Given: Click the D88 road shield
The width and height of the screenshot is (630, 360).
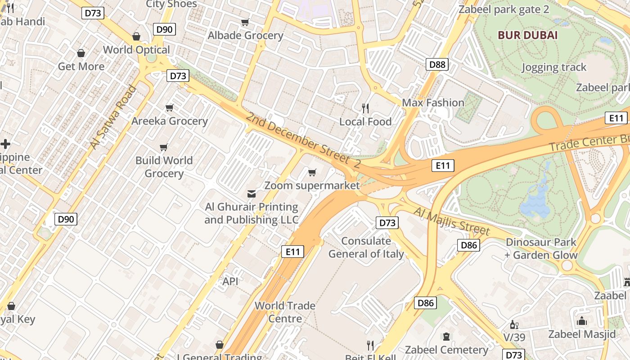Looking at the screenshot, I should click(437, 64).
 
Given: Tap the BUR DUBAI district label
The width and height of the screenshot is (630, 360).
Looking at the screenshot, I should click(527, 35).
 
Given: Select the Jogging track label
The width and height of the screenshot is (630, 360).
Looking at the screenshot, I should click(554, 67).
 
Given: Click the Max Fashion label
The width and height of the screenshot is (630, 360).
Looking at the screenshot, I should click(433, 103).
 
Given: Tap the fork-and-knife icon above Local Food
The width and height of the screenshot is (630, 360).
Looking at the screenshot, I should click(365, 108).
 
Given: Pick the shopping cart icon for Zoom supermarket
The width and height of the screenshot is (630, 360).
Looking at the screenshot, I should click(312, 172).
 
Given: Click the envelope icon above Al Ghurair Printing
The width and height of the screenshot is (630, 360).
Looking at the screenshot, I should click(251, 194).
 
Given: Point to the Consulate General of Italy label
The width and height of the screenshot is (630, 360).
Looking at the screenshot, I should click(366, 247).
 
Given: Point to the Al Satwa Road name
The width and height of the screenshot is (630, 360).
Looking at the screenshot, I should click(113, 117).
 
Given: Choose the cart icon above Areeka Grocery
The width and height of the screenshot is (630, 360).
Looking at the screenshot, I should click(170, 108).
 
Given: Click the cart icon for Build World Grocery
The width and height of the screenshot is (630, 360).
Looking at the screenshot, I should click(164, 147).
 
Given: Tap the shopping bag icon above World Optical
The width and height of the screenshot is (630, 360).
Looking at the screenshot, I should click(136, 36).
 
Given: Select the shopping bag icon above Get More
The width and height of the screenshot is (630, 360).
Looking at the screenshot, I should click(81, 54).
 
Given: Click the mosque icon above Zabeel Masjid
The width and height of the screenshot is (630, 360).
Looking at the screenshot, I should click(581, 321).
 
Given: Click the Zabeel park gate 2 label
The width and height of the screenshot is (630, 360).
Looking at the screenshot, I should click(504, 9).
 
